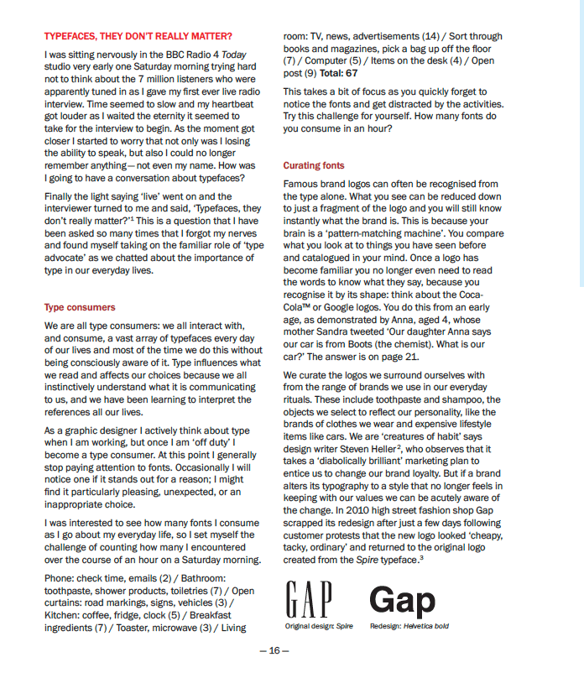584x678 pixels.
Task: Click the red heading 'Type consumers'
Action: [80, 308]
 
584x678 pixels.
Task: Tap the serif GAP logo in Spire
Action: [309, 601]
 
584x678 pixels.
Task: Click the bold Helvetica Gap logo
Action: [403, 601]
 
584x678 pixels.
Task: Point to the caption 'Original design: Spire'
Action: [319, 627]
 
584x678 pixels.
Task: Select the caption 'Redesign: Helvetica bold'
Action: [409, 627]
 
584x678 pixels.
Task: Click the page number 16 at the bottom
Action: [274, 650]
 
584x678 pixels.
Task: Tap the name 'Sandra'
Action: [336, 332]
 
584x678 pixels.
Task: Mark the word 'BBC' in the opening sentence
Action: [157, 55]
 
